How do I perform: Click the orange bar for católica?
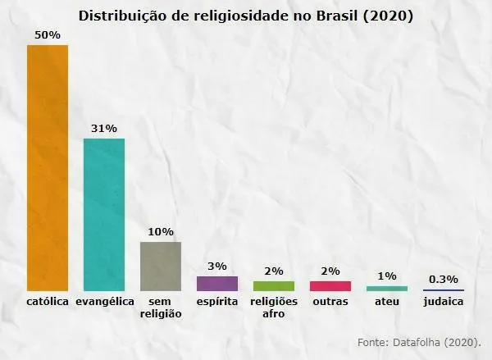48,168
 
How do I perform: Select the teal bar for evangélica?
104,215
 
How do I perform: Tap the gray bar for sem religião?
161,267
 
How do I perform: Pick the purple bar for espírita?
217,284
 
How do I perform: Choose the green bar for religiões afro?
274,286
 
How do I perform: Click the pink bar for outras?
330,286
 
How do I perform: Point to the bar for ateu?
387,289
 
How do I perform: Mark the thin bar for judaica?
444,290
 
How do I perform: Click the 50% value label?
48,35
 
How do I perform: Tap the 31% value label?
104,129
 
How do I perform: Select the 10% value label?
161,232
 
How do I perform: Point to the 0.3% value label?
444,279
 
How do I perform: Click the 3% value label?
217,267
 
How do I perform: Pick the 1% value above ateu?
387,276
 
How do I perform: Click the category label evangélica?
104,302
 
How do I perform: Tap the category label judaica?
444,302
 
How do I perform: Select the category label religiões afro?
274,308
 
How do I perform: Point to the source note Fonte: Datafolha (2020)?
419,341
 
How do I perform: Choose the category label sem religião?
161,308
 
